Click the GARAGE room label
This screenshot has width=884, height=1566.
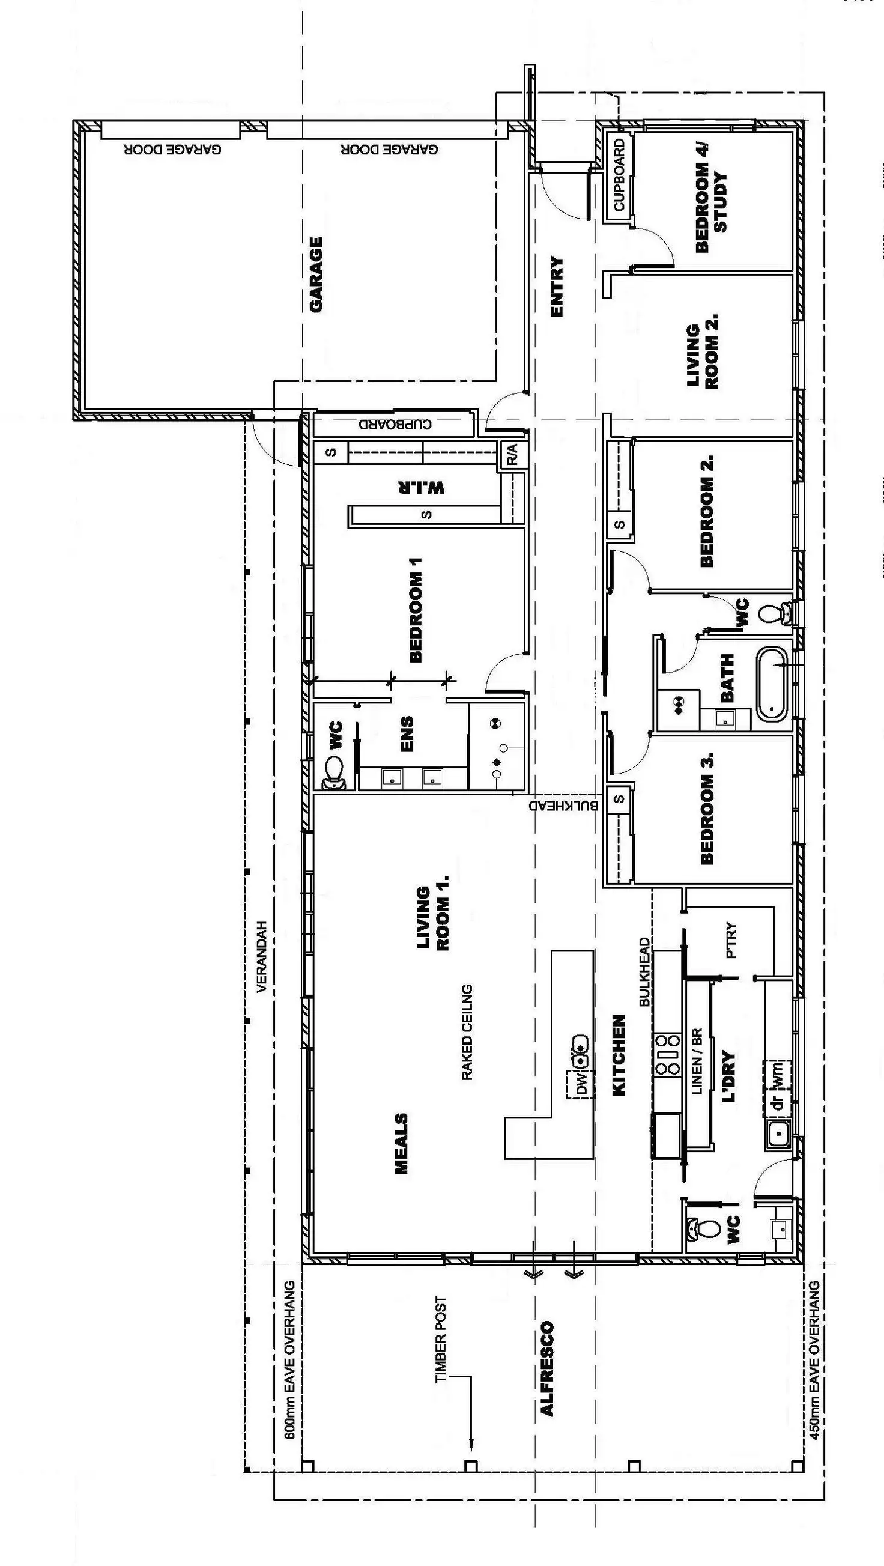tap(316, 275)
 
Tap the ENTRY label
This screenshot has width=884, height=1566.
tap(556, 287)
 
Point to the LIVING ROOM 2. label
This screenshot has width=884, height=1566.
tap(702, 352)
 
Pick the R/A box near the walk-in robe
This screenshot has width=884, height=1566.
tap(511, 455)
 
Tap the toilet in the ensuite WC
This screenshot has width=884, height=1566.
tap(333, 772)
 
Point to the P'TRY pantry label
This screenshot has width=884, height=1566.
tap(730, 941)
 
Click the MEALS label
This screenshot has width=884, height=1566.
tap(401, 1143)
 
